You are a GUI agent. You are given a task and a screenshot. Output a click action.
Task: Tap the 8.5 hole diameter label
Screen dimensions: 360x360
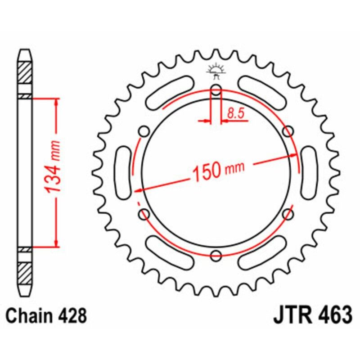pyautogui.click(x=235, y=114)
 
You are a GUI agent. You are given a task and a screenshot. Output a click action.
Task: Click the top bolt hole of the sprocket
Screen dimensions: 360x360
pyautogui.click(x=216, y=89)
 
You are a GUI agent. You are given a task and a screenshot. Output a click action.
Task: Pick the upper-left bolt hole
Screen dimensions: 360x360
pyautogui.click(x=144, y=131)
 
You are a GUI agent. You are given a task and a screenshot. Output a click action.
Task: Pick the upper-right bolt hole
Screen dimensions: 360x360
pyautogui.click(x=288, y=131)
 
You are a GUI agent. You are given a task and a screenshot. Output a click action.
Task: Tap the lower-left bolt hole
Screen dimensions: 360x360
pyautogui.click(x=144, y=214)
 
